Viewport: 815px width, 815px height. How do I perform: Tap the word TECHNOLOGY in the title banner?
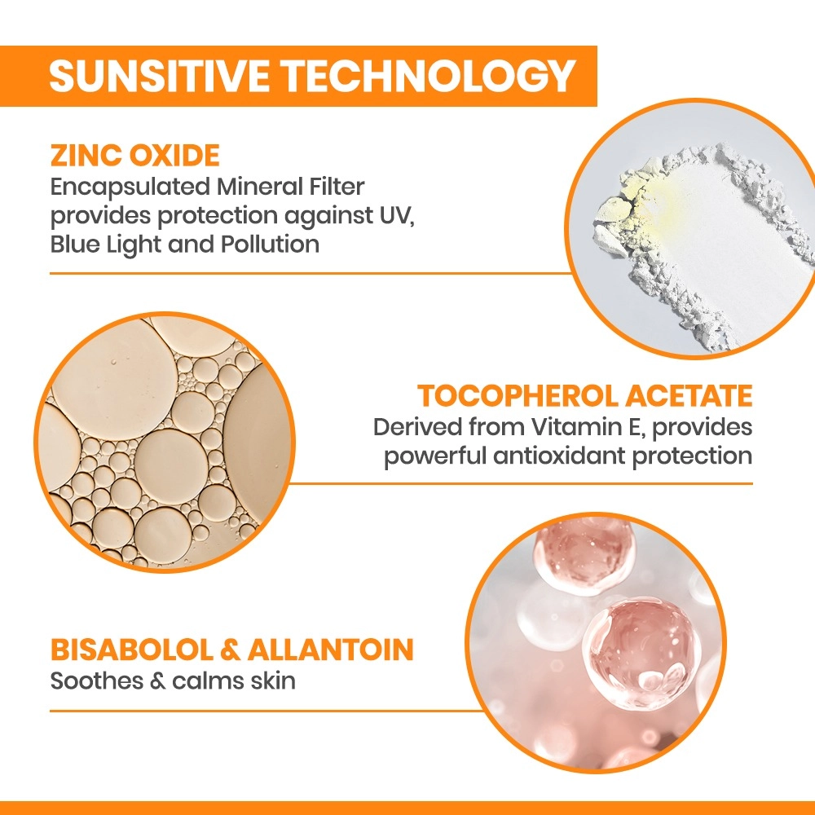click(x=430, y=76)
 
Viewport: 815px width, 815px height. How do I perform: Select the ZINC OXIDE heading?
click(x=135, y=156)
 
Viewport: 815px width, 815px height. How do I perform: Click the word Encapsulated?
click(x=130, y=187)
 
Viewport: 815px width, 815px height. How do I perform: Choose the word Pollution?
click(x=270, y=244)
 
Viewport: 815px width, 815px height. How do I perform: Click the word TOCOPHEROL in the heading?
click(x=517, y=396)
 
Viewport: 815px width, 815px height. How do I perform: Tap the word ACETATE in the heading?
click(x=689, y=396)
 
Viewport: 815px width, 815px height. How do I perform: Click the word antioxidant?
click(x=558, y=456)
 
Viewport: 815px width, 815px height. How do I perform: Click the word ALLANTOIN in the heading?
click(x=331, y=650)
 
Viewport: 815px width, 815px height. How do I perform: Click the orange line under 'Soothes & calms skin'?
click(x=267, y=711)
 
